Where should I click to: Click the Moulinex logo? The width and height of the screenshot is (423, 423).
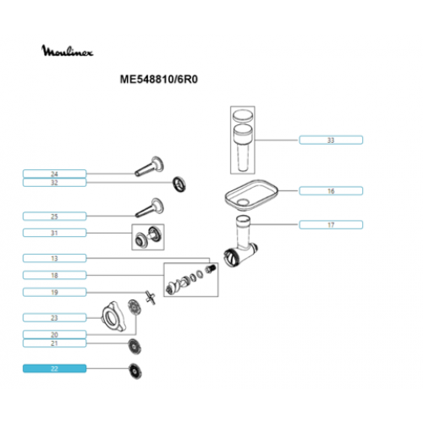click(x=67, y=51)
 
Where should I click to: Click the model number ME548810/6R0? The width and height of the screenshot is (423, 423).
click(x=159, y=80)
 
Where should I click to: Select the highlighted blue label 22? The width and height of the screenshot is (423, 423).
click(x=54, y=368)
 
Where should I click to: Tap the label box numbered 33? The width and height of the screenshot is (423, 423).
click(x=331, y=140)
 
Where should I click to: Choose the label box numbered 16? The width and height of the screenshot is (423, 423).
click(x=331, y=191)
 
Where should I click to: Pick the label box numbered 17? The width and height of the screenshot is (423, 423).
click(x=331, y=225)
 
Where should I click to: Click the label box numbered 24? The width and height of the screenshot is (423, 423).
click(x=54, y=173)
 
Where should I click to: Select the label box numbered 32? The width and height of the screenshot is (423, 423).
click(x=54, y=183)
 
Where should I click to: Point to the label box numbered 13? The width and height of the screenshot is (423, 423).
click(x=54, y=258)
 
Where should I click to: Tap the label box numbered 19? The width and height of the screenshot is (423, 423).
click(x=54, y=292)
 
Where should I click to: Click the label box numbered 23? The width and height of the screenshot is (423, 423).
click(x=54, y=317)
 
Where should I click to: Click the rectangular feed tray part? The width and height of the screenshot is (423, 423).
click(x=251, y=195)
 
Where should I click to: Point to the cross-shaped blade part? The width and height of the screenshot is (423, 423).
click(x=151, y=298)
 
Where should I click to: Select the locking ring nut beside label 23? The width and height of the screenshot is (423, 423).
click(x=114, y=316)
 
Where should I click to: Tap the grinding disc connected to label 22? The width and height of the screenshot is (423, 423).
click(x=135, y=371)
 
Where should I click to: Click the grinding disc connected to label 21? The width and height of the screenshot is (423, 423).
click(x=135, y=346)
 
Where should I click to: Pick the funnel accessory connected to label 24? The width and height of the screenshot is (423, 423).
click(x=150, y=167)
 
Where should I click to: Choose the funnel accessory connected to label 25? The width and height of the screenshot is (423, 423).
click(x=150, y=207)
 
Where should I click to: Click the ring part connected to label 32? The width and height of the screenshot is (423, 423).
click(x=179, y=184)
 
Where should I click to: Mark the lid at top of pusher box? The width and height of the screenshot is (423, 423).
click(x=243, y=116)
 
